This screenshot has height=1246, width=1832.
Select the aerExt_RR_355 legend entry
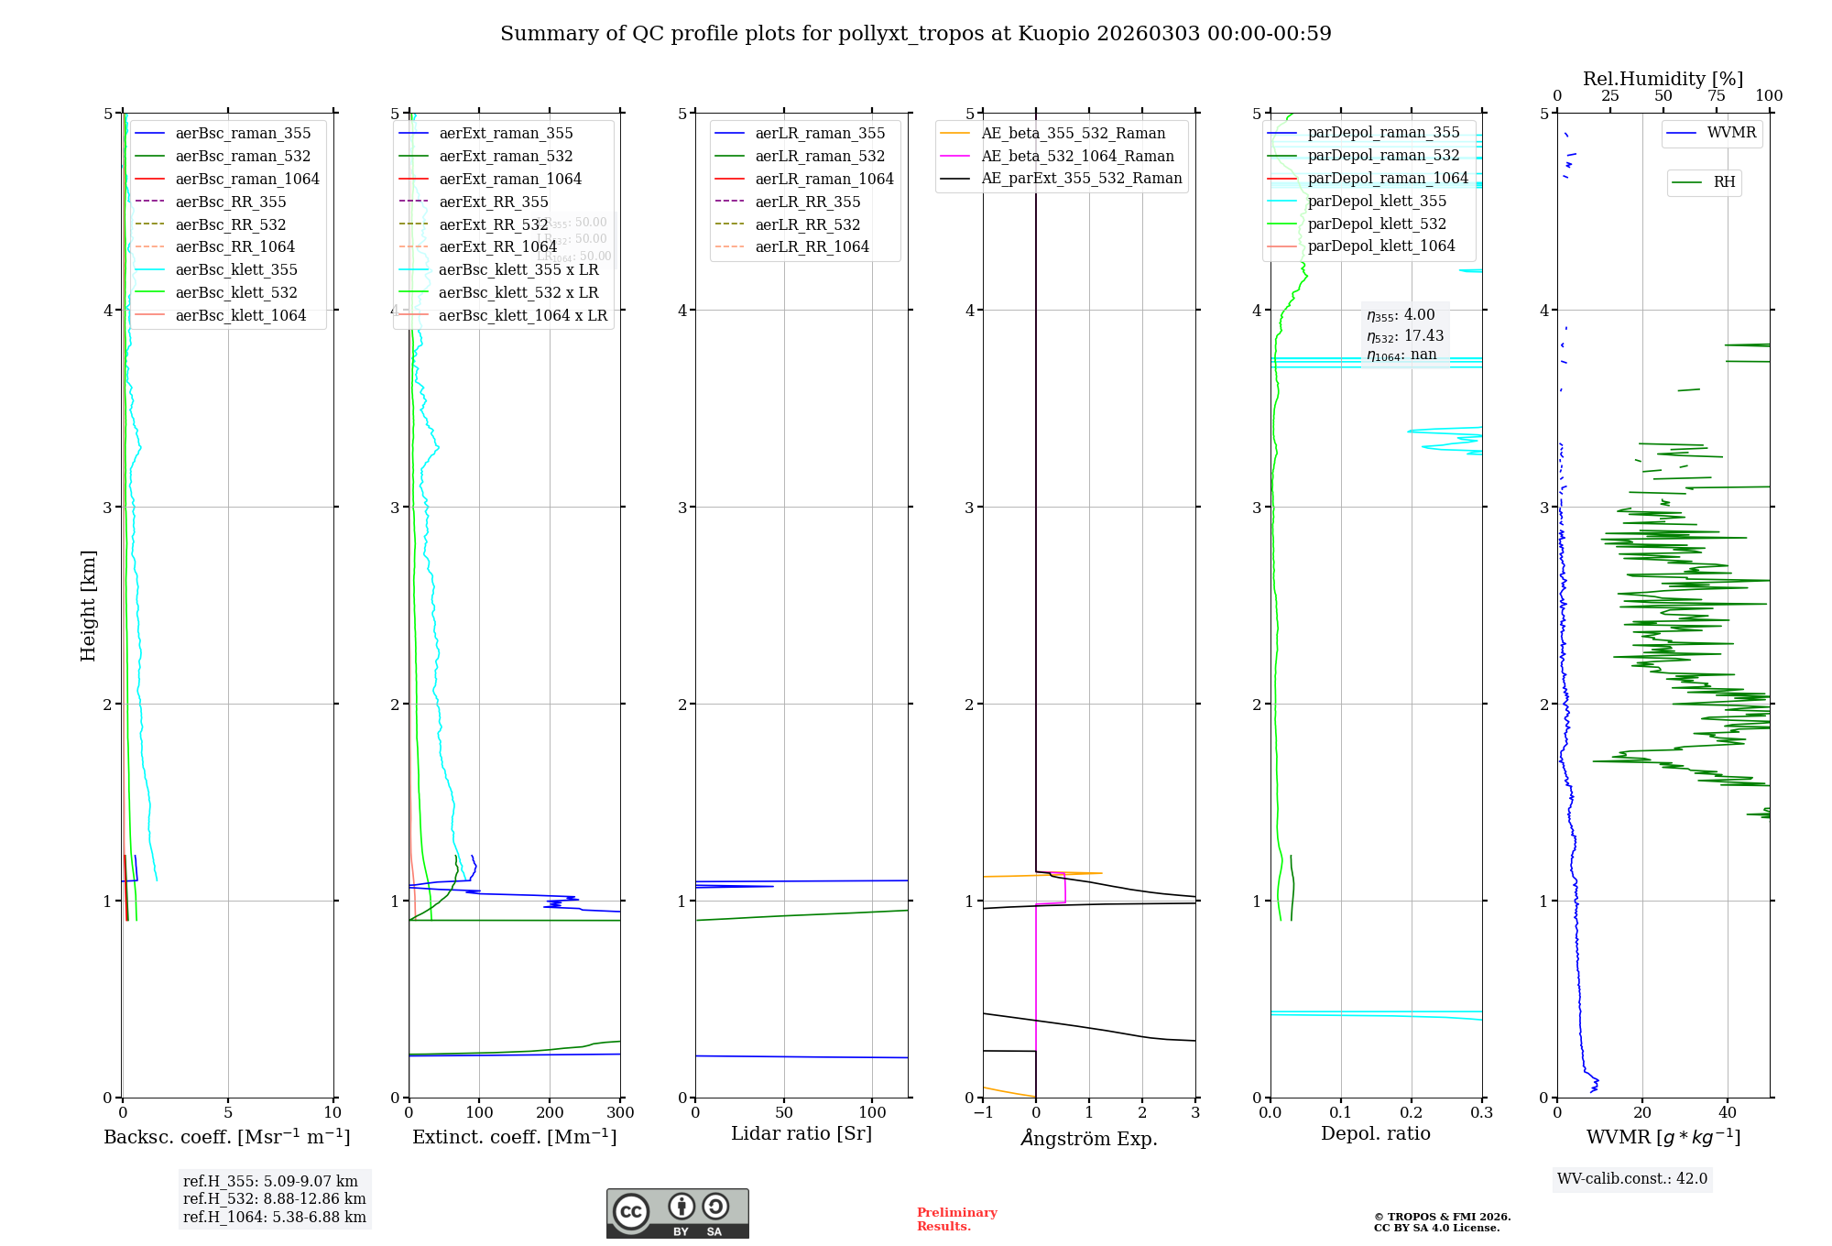click(x=493, y=202)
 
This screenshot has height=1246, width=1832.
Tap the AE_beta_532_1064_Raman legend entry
click(x=1077, y=157)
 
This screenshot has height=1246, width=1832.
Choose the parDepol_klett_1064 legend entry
click(x=1380, y=246)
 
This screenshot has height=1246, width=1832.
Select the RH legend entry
click(x=1724, y=182)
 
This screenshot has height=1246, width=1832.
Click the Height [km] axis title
click(x=88, y=606)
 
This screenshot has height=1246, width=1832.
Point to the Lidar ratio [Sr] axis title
click(x=801, y=1134)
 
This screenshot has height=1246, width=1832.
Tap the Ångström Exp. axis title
click(x=1089, y=1139)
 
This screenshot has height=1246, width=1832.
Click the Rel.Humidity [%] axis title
click(x=1663, y=79)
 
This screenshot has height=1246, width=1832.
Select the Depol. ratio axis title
click(x=1375, y=1134)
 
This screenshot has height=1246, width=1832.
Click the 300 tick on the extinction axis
click(x=620, y=1113)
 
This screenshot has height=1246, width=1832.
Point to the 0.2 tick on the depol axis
click(x=1412, y=1113)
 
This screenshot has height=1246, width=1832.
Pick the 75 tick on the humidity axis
click(x=1716, y=96)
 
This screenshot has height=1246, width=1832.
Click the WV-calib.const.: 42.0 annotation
click(x=1632, y=1179)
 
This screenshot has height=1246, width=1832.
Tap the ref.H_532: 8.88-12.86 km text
click(x=274, y=1199)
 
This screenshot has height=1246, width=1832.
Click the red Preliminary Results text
click(x=956, y=1219)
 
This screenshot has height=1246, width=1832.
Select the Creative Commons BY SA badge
click(x=677, y=1214)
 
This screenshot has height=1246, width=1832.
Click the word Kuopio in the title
click(x=1053, y=34)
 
